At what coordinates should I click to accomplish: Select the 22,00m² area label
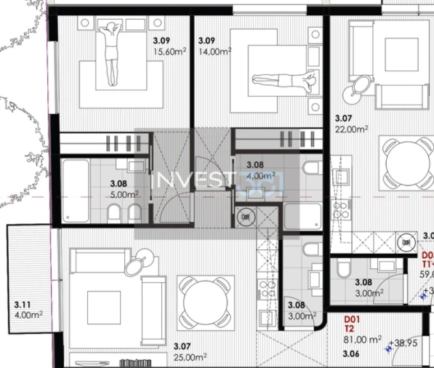pyautogui.click(x=352, y=128)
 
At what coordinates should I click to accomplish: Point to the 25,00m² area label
pyautogui.click(x=190, y=357)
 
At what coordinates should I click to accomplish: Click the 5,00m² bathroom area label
pyautogui.click(x=124, y=195)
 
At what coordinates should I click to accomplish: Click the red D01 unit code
pyautogui.click(x=351, y=319)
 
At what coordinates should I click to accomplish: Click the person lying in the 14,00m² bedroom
pyautogui.click(x=284, y=79)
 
